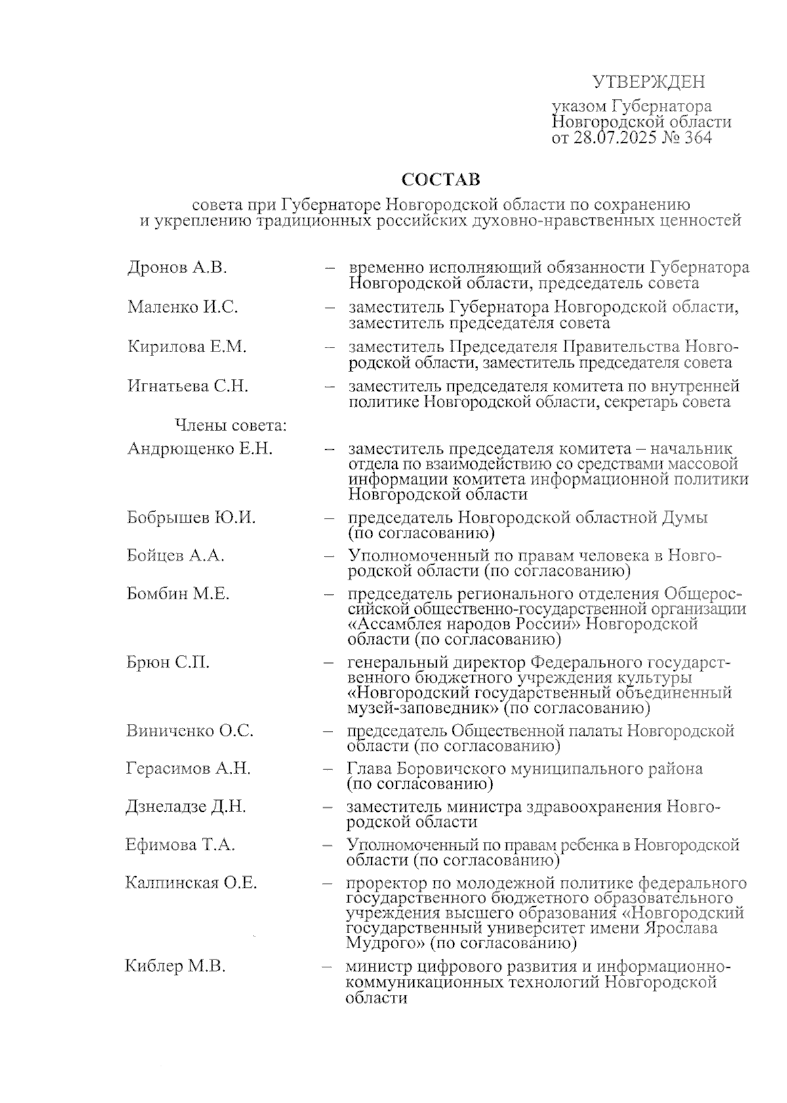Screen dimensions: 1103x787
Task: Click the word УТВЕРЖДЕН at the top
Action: coord(649,82)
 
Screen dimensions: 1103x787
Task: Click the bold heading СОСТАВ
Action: coord(441,179)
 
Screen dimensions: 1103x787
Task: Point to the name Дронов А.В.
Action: coord(177,268)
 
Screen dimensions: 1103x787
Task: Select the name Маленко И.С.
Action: coord(182,307)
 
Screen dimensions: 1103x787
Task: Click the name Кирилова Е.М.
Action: coord(187,347)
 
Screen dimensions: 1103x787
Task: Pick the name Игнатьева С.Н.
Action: coord(188,386)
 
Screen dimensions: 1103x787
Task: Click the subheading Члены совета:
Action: coord(231,426)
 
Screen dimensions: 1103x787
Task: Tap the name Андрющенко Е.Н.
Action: coord(199,449)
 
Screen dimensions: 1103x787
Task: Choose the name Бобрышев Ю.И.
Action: coord(191,517)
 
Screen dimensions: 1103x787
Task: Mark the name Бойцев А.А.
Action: coord(175,555)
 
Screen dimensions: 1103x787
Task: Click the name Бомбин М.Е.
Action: coord(178,594)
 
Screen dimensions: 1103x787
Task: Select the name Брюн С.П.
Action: coord(168,662)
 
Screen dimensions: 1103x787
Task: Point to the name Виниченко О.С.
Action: coord(190,731)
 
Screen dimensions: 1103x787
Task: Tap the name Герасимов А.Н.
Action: coord(188,769)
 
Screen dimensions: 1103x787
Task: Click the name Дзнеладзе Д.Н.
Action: coord(186,807)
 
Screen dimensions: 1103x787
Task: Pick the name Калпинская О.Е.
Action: coord(191,883)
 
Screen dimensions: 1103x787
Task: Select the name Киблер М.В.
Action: coord(175,967)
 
